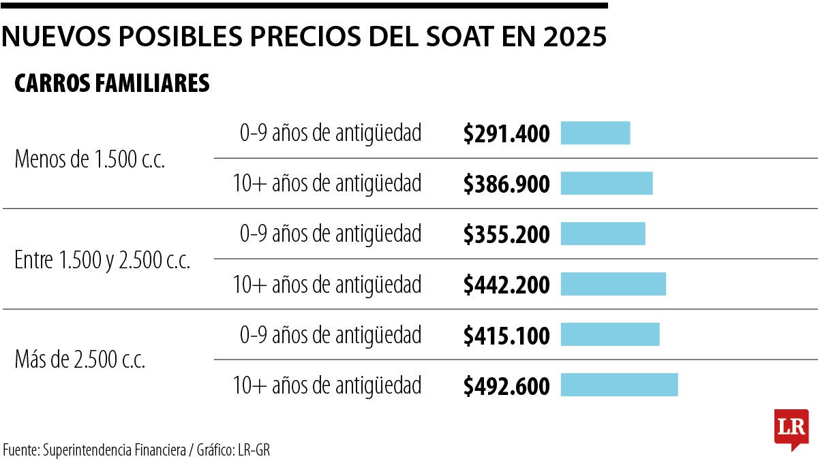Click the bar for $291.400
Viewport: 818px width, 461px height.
click(x=595, y=133)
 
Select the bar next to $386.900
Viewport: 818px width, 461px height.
click(x=607, y=183)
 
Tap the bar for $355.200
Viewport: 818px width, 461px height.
click(x=603, y=234)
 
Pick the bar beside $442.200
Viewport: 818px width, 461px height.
click(x=613, y=284)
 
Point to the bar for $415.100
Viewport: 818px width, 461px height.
click(x=610, y=334)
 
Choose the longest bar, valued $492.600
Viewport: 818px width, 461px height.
click(x=619, y=385)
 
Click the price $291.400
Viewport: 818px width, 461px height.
click(x=506, y=134)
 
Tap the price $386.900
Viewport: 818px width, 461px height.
click(x=506, y=184)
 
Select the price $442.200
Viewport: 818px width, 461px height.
click(x=506, y=285)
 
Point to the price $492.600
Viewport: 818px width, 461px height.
click(x=506, y=386)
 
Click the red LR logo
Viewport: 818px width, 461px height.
click(x=791, y=428)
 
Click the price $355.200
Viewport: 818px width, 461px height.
click(x=506, y=234)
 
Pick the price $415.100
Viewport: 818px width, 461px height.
click(x=506, y=335)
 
